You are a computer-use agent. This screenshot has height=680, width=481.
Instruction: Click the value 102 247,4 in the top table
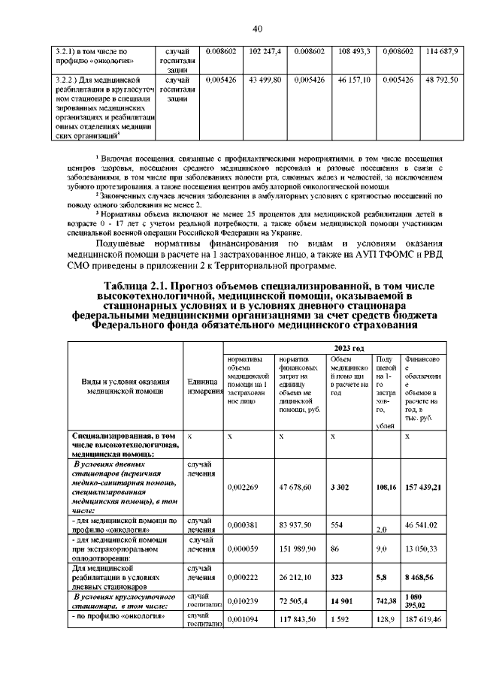[265, 51]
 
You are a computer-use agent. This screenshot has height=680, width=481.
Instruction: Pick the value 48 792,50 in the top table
[441, 79]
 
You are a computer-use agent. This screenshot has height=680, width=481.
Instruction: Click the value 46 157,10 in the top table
[355, 79]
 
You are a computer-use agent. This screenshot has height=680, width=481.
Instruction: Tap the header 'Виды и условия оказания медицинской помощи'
[126, 385]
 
